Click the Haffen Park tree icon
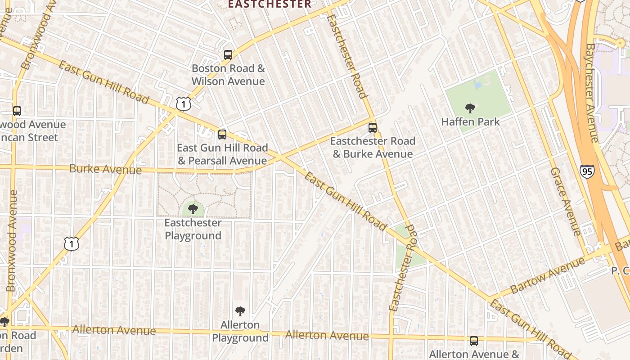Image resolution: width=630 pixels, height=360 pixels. pos(470,108)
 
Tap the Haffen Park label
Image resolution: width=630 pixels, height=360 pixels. pos(470,122)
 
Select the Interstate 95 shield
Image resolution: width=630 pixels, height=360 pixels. pos(587,171)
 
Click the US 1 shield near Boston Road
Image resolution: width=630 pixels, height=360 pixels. pos(184,104)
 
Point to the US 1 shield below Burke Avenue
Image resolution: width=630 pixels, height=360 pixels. pos(72,244)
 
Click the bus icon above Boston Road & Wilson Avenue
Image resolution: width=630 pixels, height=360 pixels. pos(228,55)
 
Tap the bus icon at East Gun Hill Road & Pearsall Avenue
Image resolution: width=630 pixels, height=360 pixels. pos(222,134)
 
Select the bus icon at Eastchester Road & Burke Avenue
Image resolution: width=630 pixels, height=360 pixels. pos(373,127)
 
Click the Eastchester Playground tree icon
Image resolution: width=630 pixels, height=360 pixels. pos(193,209)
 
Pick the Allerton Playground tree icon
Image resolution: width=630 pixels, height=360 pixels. pos(240,311)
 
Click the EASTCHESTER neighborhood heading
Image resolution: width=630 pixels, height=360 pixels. pos(269,4)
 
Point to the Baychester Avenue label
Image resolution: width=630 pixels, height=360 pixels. pos(594,92)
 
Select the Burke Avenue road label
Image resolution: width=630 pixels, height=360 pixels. pos(105,169)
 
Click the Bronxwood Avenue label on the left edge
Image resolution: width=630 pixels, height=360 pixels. pos(12,241)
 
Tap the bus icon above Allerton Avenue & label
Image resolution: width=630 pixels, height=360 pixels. pos(474,341)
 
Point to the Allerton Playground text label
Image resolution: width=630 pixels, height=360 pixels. pos(240,331)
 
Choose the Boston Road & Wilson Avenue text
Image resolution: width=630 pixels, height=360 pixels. pos(228,75)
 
